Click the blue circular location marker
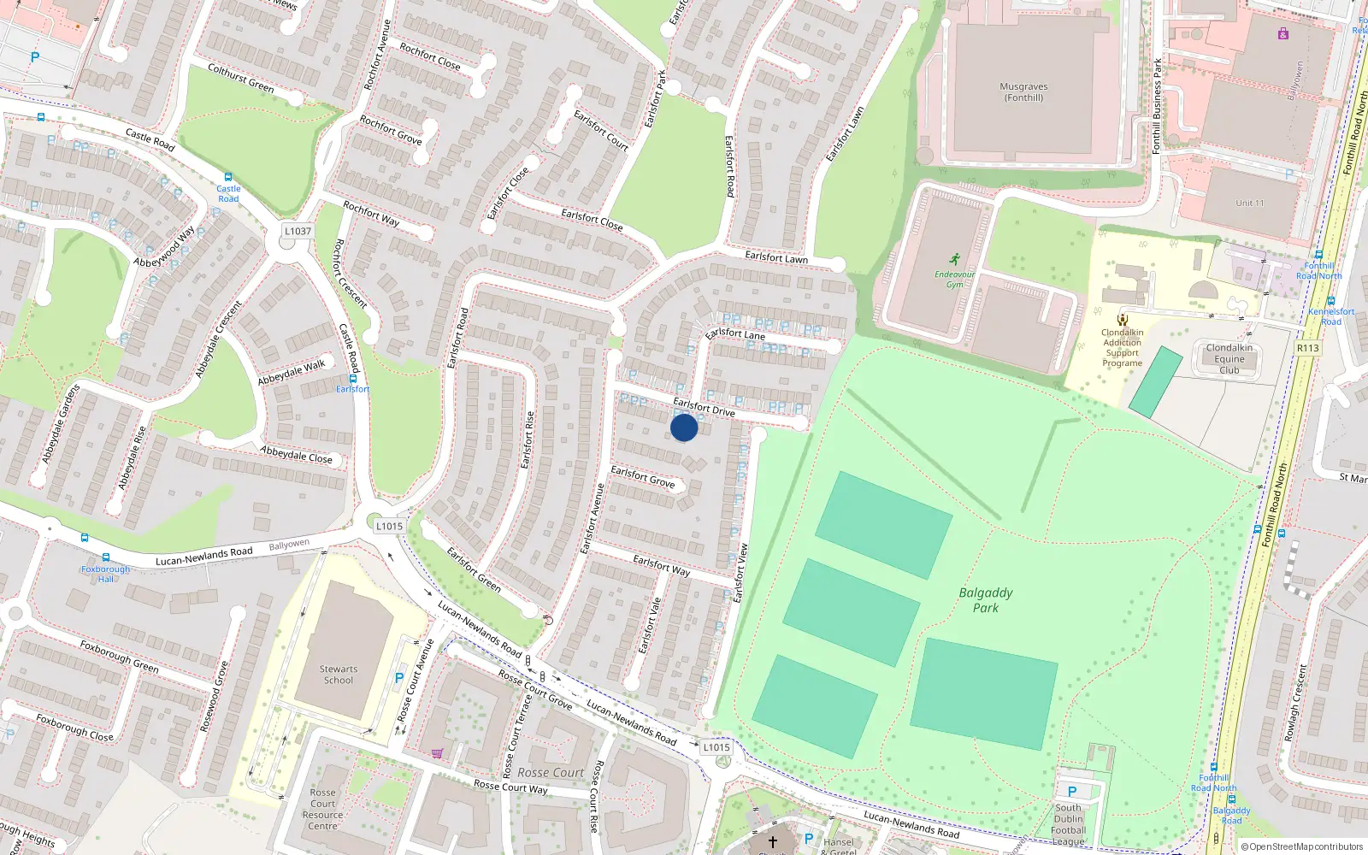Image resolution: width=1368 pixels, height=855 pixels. pyautogui.click(x=684, y=427)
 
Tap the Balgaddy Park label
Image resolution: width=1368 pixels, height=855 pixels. pyautogui.click(x=986, y=600)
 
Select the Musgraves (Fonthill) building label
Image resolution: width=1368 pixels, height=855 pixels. pyautogui.click(x=1023, y=92)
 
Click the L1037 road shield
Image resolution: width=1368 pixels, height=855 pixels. pyautogui.click(x=298, y=231)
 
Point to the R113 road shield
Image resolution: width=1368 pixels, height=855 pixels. pyautogui.click(x=1307, y=348)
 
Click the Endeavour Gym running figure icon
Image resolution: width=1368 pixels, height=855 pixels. pyautogui.click(x=954, y=259)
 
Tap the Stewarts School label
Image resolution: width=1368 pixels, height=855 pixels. pyautogui.click(x=339, y=675)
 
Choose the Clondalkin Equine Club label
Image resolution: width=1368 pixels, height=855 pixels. pyautogui.click(x=1229, y=359)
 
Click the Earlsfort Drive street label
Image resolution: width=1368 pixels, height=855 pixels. pyautogui.click(x=704, y=407)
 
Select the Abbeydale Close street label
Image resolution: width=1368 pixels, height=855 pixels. pyautogui.click(x=296, y=454)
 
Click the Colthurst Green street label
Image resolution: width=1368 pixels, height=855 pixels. pyautogui.click(x=241, y=78)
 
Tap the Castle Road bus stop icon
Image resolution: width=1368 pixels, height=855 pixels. pyautogui.click(x=228, y=177)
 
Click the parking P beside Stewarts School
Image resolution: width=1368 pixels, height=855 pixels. pyautogui.click(x=398, y=678)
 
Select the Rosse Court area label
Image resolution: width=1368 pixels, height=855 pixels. pyautogui.click(x=551, y=773)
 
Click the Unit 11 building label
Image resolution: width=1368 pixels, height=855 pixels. pyautogui.click(x=1249, y=203)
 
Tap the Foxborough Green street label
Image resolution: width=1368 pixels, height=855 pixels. pyautogui.click(x=119, y=656)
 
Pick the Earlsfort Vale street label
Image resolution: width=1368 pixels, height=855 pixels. pyautogui.click(x=650, y=626)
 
